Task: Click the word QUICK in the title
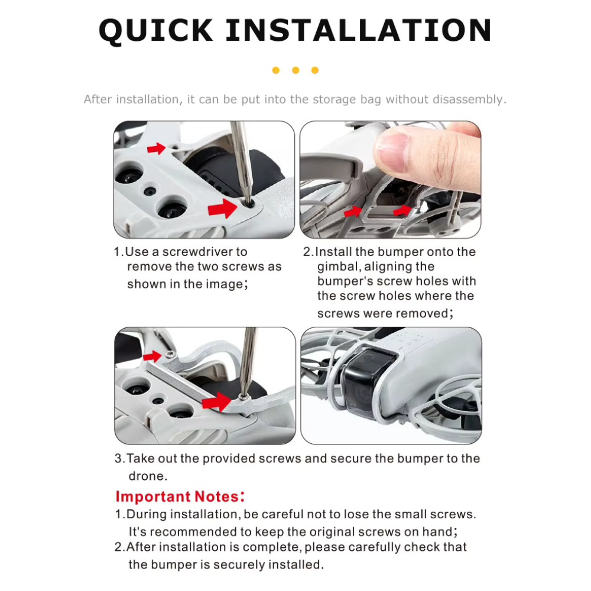click(x=155, y=30)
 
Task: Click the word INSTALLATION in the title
click(x=359, y=30)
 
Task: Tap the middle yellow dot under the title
click(x=295, y=70)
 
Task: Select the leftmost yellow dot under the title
click(x=276, y=70)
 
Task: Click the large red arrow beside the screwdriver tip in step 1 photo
click(x=222, y=209)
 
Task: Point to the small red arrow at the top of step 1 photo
click(x=157, y=148)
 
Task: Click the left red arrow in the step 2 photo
click(x=353, y=212)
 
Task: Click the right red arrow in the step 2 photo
click(x=402, y=211)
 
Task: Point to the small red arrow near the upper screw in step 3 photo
click(x=152, y=356)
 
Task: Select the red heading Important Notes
click(x=180, y=496)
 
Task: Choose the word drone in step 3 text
click(x=148, y=476)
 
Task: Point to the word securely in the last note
click(x=239, y=564)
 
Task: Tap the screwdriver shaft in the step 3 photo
click(x=248, y=361)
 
